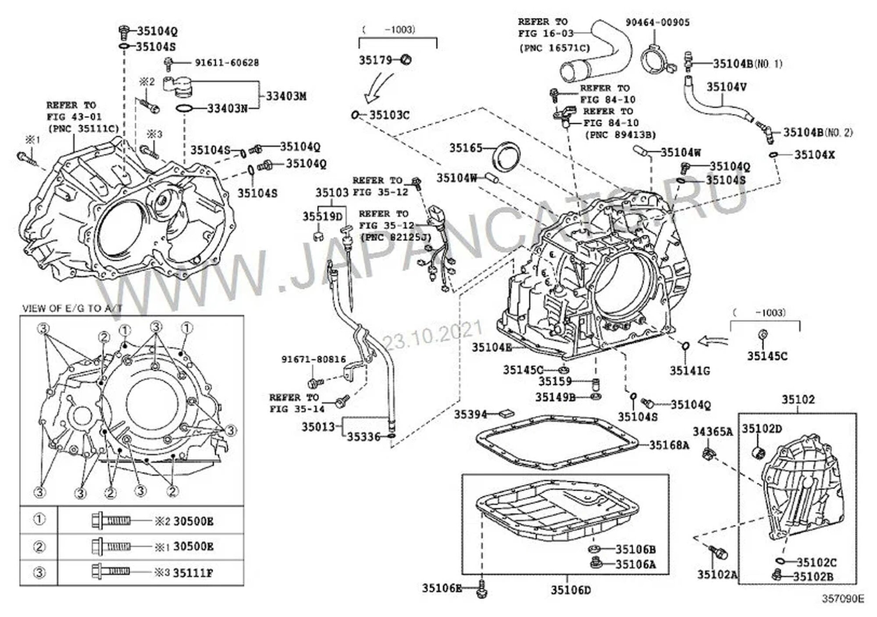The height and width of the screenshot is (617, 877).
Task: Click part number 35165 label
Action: click(465, 148)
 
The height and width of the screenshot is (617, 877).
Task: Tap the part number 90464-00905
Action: click(657, 22)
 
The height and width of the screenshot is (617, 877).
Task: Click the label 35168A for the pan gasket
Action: click(669, 445)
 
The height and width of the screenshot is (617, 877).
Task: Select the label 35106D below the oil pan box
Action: click(570, 590)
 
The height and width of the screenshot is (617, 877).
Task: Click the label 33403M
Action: click(286, 96)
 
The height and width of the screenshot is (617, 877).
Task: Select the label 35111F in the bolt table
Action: click(193, 573)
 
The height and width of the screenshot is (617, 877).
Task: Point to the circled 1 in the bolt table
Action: click(39, 520)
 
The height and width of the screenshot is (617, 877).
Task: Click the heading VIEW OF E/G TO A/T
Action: click(72, 308)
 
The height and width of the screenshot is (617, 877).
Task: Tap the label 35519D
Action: click(322, 216)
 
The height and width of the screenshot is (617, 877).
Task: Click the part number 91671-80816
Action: click(313, 359)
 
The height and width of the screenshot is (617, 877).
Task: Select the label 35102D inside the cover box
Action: click(762, 429)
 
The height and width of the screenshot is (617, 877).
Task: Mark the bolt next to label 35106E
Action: click(481, 590)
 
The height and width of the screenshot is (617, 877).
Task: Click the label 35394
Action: click(470, 414)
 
